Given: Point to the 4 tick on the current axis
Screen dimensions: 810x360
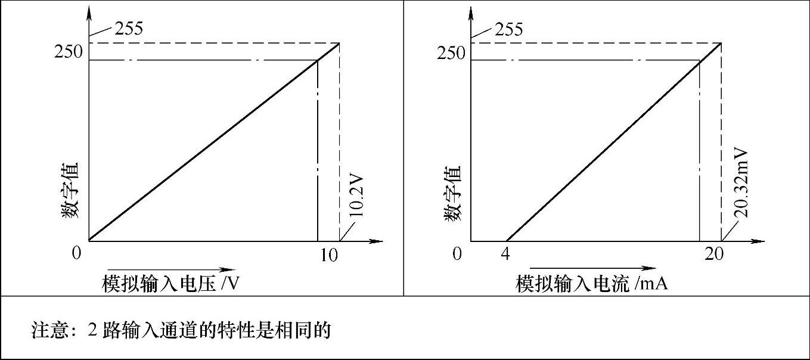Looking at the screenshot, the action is click(506, 254).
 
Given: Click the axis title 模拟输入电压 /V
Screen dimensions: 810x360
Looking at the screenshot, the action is click(171, 283).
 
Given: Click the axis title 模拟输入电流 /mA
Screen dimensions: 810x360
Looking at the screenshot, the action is click(591, 283).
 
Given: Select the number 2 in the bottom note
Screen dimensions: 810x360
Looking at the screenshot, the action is click(92, 330).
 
